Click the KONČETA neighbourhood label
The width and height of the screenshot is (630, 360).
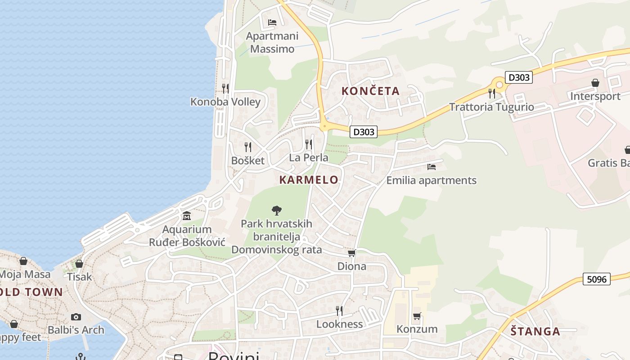[x=370, y=91]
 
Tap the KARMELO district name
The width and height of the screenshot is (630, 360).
[x=309, y=180]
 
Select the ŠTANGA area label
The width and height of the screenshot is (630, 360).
[x=535, y=332]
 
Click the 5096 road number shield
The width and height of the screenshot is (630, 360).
[x=597, y=279]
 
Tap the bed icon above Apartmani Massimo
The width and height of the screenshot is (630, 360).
[x=272, y=22]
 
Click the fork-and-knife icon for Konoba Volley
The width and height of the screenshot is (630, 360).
[x=225, y=88]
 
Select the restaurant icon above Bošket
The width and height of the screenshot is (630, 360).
[x=247, y=147]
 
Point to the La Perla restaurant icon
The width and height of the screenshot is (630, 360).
[x=309, y=144]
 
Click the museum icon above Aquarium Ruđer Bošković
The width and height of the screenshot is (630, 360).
[x=187, y=216]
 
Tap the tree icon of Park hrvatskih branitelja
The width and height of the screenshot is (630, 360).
[x=277, y=210]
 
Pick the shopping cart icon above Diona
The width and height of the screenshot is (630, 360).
[x=352, y=253]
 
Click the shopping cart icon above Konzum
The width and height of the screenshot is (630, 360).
[x=417, y=316]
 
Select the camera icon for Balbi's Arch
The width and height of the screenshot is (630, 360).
[x=76, y=317]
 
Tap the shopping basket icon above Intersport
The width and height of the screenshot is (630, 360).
[x=595, y=83]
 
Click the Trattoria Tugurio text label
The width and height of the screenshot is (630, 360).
[x=491, y=107]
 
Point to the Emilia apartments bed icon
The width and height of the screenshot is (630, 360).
[x=432, y=167]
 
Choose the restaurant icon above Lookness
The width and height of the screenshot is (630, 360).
[x=339, y=310]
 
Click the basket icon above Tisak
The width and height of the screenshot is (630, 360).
[x=79, y=264]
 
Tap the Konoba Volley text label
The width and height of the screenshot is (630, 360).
[x=225, y=102]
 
